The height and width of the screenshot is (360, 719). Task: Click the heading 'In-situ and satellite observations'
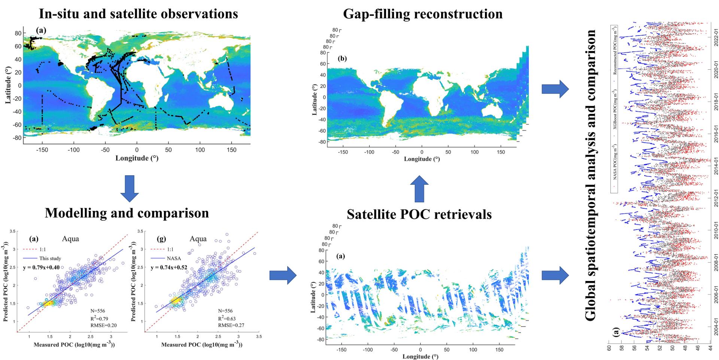pyautogui.click(x=139, y=14)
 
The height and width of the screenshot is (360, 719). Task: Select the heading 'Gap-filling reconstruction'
pyautogui.click(x=423, y=14)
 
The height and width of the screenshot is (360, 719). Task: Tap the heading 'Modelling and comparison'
pyautogui.click(x=127, y=213)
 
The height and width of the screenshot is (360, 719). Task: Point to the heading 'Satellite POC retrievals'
pyautogui.click(x=419, y=214)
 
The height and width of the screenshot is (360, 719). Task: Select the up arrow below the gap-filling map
pyautogui.click(x=419, y=189)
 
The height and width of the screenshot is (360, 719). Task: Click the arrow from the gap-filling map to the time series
pyautogui.click(x=555, y=89)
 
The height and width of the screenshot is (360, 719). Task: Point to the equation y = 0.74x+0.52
pyautogui.click(x=169, y=267)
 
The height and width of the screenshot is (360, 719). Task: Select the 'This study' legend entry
pyautogui.click(x=50, y=258)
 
